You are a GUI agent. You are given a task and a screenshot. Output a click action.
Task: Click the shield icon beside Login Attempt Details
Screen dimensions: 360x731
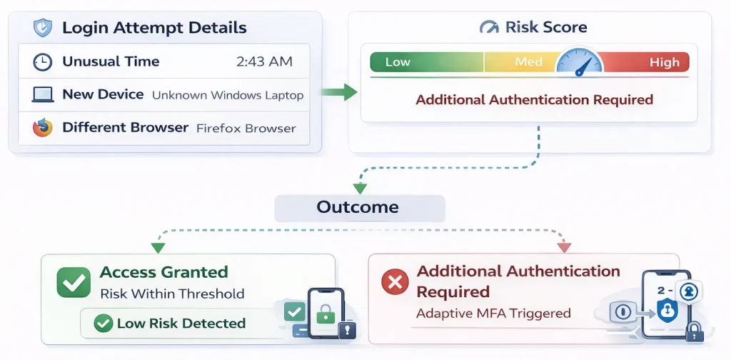42,29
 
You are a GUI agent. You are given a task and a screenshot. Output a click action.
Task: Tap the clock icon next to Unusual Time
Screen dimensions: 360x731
43,62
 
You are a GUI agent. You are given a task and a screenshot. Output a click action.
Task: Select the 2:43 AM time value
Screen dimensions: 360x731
264,62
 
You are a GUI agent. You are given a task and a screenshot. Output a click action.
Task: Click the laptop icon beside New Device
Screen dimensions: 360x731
43,95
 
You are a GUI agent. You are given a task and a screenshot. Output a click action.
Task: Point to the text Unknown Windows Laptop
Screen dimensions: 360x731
228,95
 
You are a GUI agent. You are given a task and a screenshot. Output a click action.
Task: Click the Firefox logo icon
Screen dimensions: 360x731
43,129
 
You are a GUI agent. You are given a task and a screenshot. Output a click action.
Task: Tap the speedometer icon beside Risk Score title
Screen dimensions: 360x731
490,28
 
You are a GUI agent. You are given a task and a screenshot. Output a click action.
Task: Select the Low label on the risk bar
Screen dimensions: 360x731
398,62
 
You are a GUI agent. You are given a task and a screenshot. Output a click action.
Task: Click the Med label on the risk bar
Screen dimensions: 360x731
528,62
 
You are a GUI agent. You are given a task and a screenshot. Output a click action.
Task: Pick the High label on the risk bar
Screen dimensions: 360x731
664,62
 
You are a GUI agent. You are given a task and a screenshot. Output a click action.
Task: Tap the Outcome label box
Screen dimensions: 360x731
358,208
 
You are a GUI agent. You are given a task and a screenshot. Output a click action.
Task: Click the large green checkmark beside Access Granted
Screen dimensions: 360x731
74,283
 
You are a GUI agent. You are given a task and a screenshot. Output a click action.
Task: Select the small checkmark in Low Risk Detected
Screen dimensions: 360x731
104,324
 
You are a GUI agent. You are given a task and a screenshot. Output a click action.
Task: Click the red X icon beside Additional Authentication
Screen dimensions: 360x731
393,283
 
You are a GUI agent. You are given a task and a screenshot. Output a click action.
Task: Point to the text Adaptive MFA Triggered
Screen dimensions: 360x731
493,313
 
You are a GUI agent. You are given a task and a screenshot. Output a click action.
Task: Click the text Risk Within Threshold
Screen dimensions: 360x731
172,294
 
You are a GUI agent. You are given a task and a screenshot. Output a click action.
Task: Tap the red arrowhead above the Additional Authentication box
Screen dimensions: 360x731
564,247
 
